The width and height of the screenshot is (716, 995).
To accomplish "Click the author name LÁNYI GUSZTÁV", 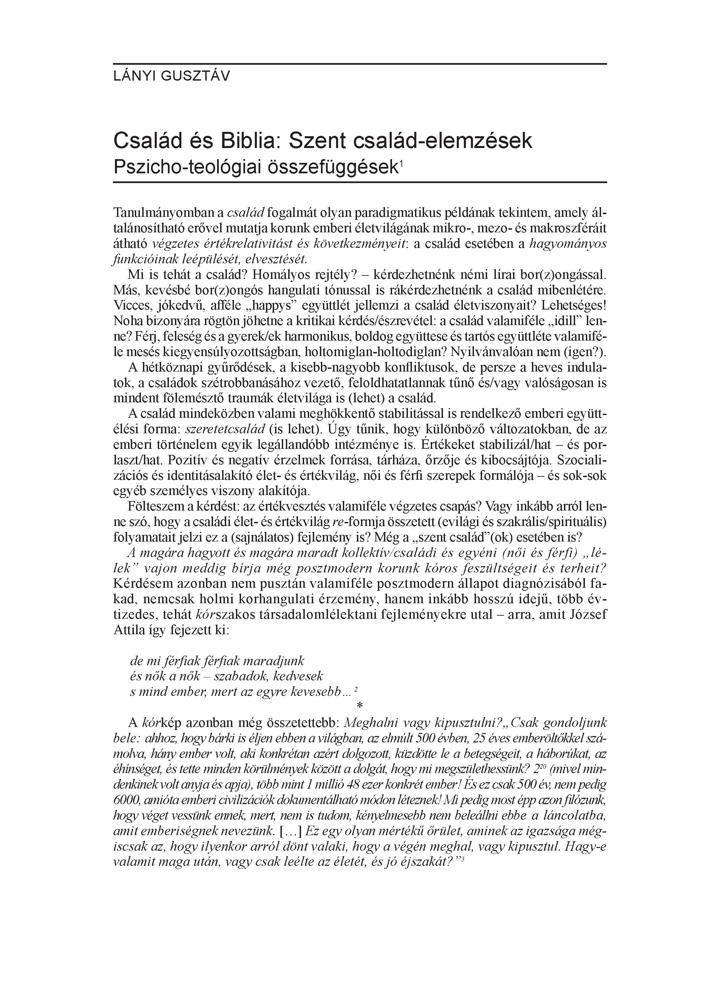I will click(x=171, y=76).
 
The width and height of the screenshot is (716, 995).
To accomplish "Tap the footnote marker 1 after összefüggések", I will click(x=400, y=163).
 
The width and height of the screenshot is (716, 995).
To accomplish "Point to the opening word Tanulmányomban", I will click(x=165, y=213).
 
